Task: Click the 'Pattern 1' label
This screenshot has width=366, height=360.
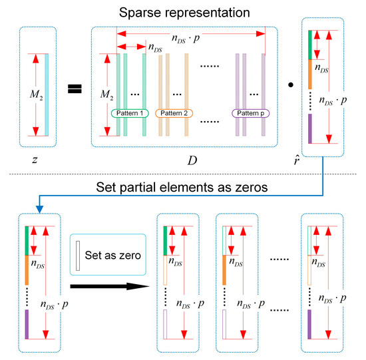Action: tap(132, 113)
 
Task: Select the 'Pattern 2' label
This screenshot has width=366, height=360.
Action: tap(176, 113)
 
